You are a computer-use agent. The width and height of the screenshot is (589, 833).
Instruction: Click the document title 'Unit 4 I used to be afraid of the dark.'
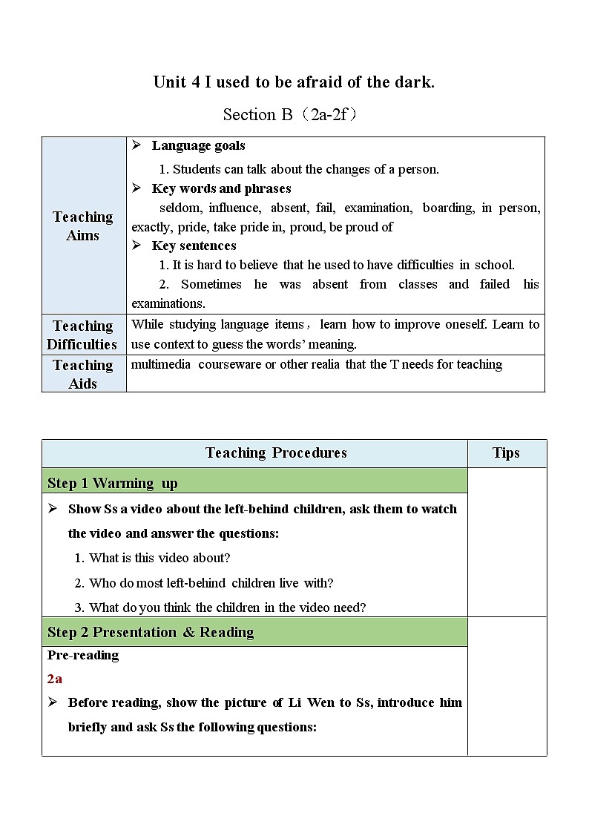(x=294, y=82)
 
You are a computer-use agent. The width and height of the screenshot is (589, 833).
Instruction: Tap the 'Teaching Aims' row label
(x=83, y=225)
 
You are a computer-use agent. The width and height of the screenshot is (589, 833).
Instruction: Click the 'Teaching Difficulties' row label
(x=82, y=335)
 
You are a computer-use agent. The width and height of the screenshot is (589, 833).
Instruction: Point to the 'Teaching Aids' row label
(x=82, y=374)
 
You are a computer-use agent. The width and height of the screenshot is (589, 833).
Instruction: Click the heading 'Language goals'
(x=198, y=145)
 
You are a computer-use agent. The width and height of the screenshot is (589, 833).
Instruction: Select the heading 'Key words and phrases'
(x=221, y=188)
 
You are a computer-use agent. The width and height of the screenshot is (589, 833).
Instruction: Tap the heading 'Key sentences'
(x=194, y=246)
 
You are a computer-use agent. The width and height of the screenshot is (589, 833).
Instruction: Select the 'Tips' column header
(x=506, y=453)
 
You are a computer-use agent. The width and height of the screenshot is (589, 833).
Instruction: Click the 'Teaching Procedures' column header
(x=276, y=453)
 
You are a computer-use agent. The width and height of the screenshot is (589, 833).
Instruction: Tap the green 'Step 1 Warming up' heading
(x=113, y=483)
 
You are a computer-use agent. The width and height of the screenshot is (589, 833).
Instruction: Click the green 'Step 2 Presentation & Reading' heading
(x=151, y=632)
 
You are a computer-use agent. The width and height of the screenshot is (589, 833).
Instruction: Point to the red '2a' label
(x=55, y=679)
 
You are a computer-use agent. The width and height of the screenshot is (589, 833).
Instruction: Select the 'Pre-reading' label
(x=83, y=655)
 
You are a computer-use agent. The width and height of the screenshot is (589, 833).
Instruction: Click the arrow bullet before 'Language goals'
(x=136, y=145)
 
